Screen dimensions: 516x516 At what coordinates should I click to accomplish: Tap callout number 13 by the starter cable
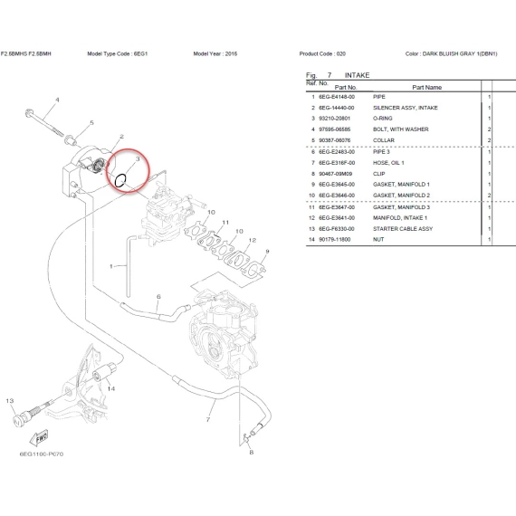coord(10,401)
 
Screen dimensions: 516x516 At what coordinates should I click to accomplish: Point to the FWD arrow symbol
coord(39,438)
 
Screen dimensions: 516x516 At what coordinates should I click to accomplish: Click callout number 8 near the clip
coord(252,452)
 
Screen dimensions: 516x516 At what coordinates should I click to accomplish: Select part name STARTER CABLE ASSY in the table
coord(403,229)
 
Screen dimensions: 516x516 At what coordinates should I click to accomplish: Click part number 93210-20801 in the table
coord(334,119)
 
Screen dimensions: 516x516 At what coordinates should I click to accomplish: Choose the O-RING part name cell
coord(382,119)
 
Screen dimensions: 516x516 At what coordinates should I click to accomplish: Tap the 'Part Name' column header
coord(426,87)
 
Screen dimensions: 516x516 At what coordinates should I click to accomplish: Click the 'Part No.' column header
coord(346,87)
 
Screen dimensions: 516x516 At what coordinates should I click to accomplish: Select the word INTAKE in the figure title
coord(357,75)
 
